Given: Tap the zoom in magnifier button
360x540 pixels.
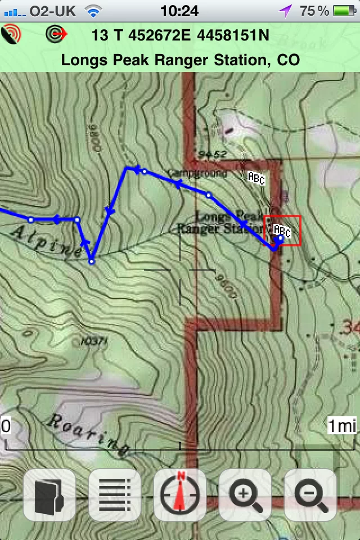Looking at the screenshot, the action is [x=245, y=495].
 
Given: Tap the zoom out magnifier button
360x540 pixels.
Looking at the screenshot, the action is [x=310, y=495].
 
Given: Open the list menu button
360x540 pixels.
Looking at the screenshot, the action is [x=115, y=495].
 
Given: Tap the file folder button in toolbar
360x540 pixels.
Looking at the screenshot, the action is [x=49, y=495].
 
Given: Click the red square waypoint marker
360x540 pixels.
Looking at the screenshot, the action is [x=282, y=231].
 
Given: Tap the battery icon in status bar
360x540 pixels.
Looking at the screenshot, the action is [x=344, y=11].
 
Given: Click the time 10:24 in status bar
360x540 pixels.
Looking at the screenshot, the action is [x=179, y=11].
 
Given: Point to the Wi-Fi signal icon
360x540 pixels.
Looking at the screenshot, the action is [x=93, y=11].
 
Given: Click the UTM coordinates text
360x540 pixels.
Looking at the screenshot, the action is [x=180, y=35].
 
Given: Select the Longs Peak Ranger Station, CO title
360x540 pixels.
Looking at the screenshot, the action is [x=180, y=60].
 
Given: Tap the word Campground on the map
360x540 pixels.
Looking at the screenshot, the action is [x=197, y=173].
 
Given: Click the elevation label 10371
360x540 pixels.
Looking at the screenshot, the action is [x=93, y=341].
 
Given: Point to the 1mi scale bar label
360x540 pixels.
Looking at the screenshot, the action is [x=342, y=426].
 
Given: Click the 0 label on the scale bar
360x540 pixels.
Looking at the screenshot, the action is [x=6, y=426].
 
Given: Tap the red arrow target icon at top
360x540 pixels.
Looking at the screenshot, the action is [x=56, y=34].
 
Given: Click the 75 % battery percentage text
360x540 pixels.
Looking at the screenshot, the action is [x=314, y=11].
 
